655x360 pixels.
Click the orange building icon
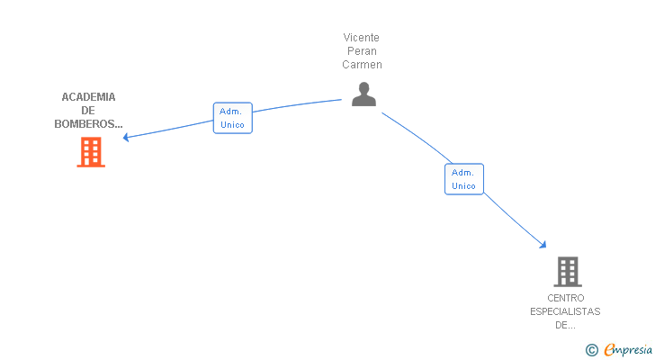click(91, 152)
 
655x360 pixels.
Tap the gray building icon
click(567, 271)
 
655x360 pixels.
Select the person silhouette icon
click(363, 94)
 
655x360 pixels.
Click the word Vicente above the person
click(362, 38)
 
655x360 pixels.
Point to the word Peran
click(362, 51)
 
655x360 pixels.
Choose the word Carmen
click(362, 65)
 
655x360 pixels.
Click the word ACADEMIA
click(88, 97)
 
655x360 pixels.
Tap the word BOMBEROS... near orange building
click(88, 124)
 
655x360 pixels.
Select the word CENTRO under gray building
click(565, 298)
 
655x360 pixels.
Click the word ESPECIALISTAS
click(565, 311)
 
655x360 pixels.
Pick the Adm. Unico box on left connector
click(232, 118)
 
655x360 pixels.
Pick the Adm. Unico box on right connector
click(463, 179)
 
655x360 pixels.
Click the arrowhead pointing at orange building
click(127, 138)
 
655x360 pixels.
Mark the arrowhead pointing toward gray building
click(543, 244)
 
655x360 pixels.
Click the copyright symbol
click(591, 349)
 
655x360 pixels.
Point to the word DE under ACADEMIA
click(88, 111)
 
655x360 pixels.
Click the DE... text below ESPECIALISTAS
click(565, 325)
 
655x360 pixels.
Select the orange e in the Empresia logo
click(609, 349)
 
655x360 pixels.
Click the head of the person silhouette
click(363, 88)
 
